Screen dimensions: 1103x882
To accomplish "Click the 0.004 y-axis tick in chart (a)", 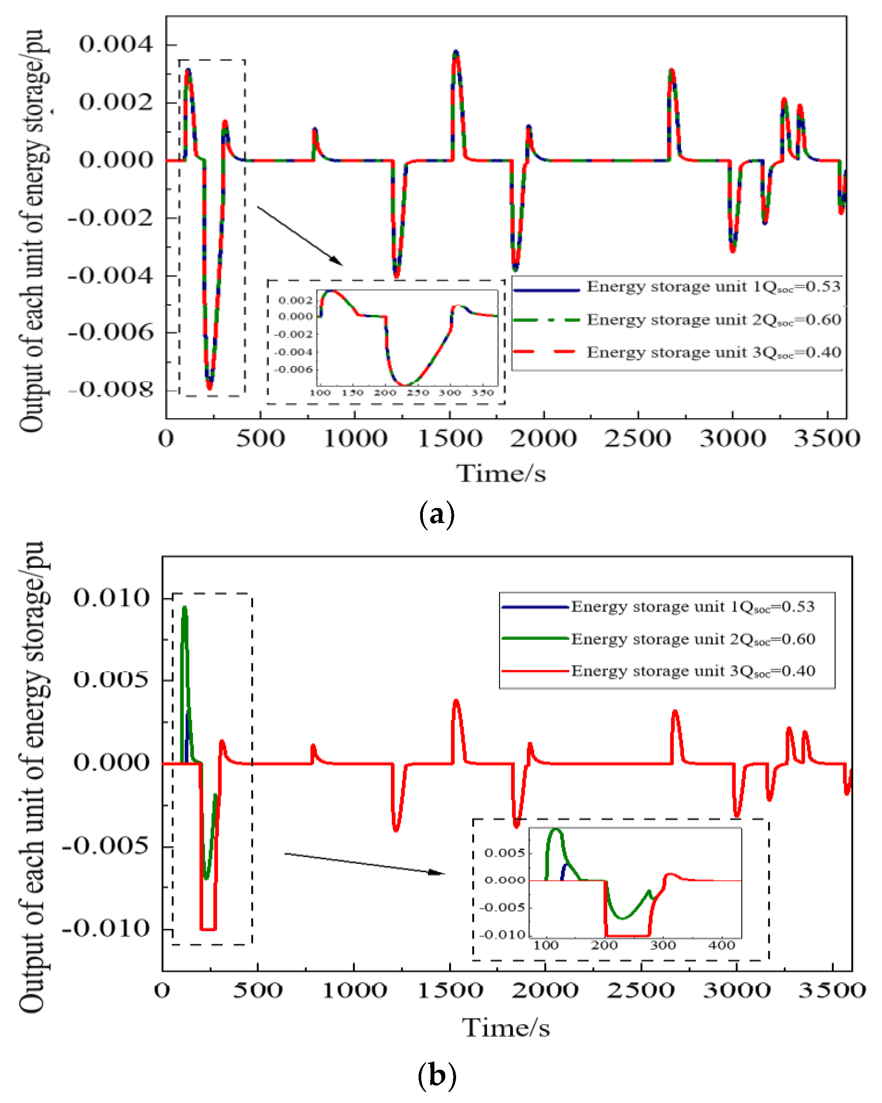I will tap(116, 44).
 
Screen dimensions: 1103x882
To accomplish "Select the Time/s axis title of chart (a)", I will tap(501, 473).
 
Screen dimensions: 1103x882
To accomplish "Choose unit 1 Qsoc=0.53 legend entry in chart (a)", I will tap(676, 287).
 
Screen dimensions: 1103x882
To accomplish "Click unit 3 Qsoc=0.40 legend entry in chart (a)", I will tap(676, 353).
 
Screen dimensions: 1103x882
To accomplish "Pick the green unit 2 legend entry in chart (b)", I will tap(658, 639).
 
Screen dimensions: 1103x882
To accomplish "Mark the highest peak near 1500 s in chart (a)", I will tap(456, 53).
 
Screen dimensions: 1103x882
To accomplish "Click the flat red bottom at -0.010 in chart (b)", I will tap(208, 929).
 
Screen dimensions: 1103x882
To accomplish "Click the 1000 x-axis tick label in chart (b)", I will tap(354, 991).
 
